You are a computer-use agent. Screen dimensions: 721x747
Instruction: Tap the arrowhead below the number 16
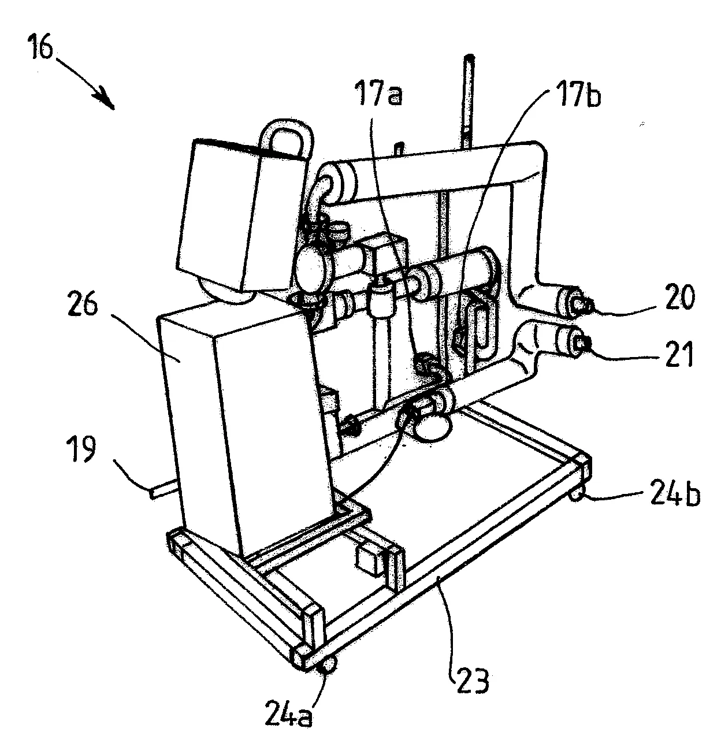click(x=107, y=101)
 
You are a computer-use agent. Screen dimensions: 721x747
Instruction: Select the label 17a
click(x=378, y=93)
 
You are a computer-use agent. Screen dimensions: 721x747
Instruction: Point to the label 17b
click(x=579, y=93)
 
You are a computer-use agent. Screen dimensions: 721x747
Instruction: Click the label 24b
click(x=675, y=494)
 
